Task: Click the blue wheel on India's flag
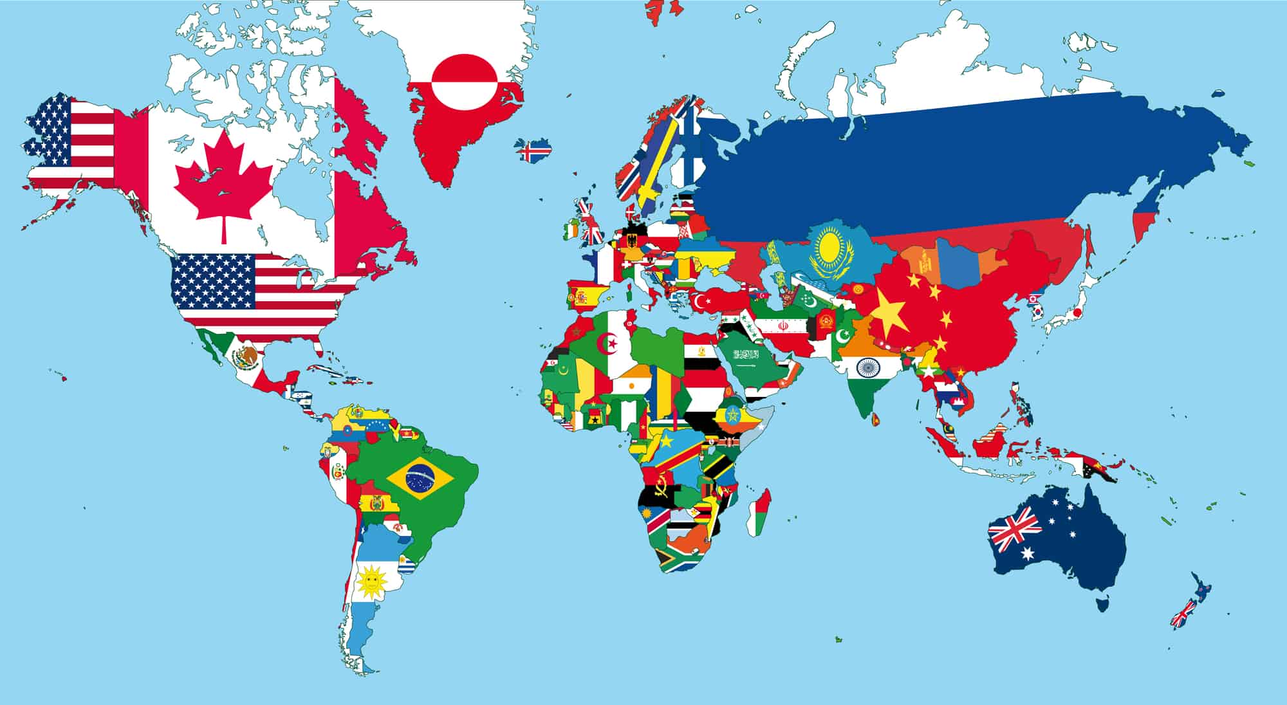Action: pos(866,368)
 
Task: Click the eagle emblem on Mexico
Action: pos(246,356)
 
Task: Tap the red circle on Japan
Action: pos(1077,313)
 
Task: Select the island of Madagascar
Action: pos(758,513)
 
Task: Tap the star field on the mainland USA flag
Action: pos(213,279)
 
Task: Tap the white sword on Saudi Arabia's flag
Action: pos(745,365)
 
